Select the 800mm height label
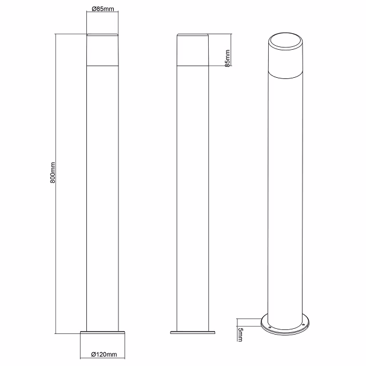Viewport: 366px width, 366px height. click(x=53, y=172)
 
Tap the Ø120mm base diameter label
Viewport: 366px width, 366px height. click(x=104, y=355)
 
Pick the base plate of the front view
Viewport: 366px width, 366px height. click(x=104, y=333)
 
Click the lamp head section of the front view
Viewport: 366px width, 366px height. click(x=103, y=50)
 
